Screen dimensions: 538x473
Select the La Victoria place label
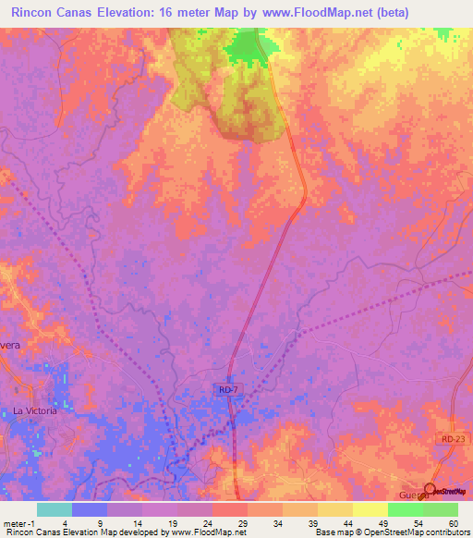pos(34,410)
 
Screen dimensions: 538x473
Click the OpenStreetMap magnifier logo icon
pos(431,489)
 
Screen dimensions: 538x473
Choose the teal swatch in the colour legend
pos(55,509)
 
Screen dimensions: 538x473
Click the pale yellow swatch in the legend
pos(370,509)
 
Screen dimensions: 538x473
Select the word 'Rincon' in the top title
pos(30,12)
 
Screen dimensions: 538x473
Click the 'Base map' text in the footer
pos(330,532)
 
